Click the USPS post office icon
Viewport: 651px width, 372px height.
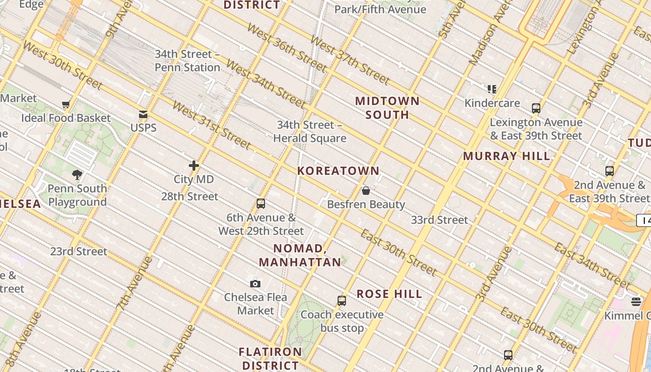point(143,114)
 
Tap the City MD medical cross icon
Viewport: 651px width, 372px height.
point(194,166)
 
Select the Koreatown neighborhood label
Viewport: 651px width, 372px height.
point(339,171)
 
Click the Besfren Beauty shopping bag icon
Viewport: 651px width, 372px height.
point(366,191)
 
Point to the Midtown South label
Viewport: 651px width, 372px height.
point(387,108)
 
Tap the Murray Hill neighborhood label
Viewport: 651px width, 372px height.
point(506,156)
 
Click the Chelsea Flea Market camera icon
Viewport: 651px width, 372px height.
point(255,284)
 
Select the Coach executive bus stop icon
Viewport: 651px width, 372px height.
point(342,301)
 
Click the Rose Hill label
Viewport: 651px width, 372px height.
point(389,294)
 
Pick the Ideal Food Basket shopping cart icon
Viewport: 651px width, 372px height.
point(66,105)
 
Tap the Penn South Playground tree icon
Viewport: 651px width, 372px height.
point(77,175)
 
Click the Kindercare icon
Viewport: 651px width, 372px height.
point(492,89)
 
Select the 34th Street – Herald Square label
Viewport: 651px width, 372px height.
point(310,132)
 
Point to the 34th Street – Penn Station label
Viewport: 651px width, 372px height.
point(187,61)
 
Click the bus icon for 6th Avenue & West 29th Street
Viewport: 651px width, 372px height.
point(261,204)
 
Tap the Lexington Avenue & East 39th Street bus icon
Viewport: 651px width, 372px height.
point(536,108)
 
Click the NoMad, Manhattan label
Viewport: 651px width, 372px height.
point(300,255)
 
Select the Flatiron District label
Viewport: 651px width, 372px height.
point(270,359)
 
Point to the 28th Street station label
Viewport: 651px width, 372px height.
point(190,197)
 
